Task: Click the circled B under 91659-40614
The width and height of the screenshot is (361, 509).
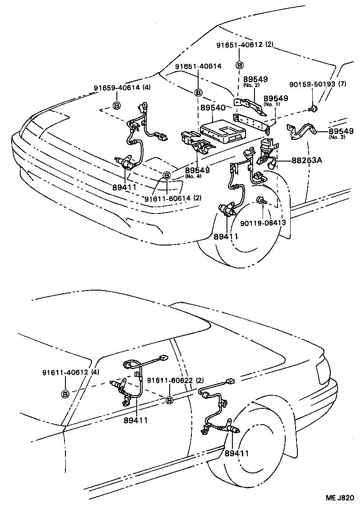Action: pyautogui.click(x=116, y=106)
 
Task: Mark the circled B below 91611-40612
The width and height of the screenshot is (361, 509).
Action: pyautogui.click(x=65, y=394)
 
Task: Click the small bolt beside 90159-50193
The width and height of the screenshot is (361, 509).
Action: pyautogui.click(x=312, y=108)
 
